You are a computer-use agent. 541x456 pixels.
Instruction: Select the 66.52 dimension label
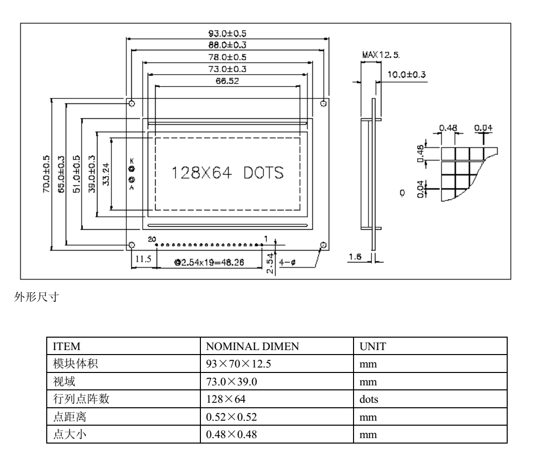coord(228,81)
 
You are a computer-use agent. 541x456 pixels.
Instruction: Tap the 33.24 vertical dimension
coord(105,173)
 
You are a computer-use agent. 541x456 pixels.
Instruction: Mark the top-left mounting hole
coord(131,103)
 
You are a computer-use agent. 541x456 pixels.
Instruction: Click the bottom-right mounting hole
coord(324,245)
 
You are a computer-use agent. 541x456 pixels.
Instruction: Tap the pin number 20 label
coord(152,239)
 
